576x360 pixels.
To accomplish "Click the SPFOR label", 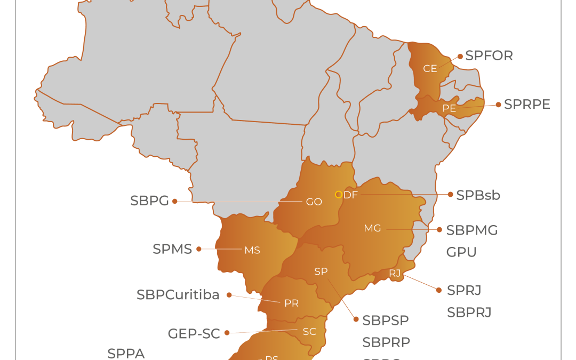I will (489, 56).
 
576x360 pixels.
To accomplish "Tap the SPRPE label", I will (527, 105).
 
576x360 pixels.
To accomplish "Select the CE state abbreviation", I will (430, 69).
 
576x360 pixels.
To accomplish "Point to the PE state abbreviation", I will (449, 108).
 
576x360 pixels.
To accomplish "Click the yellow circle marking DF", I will (338, 195).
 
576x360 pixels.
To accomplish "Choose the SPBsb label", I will (478, 195).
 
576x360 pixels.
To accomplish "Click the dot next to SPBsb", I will (451, 195).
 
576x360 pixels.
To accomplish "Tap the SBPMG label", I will (472, 230).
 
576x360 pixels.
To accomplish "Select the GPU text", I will (461, 252).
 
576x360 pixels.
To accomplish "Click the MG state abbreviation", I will (372, 228).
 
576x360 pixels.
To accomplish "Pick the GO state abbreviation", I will (314, 202).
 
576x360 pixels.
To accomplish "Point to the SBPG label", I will (149, 201).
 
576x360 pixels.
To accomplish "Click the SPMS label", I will (172, 249).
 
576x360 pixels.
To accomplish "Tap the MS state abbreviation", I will (252, 250).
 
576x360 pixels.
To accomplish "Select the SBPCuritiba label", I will (178, 295).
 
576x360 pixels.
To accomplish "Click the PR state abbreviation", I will (291, 303).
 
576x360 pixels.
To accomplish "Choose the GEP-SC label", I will (194, 334).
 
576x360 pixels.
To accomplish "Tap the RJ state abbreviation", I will (395, 273).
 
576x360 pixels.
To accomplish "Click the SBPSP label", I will (386, 321).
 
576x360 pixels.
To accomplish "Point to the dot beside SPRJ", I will (439, 290).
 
